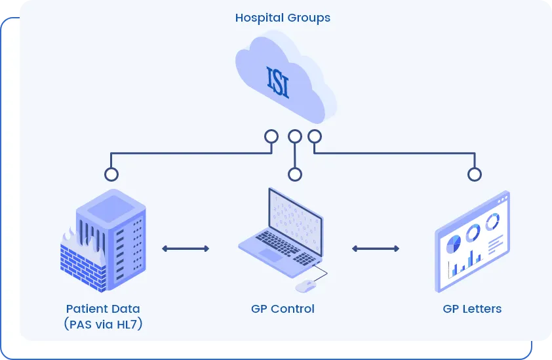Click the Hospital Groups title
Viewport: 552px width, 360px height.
coord(283,18)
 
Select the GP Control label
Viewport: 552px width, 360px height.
coord(283,309)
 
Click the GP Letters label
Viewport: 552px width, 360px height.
coord(472,309)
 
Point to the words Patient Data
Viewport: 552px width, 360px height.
coord(103,309)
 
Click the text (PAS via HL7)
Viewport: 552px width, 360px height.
coord(103,324)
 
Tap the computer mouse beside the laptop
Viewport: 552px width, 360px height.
coord(306,286)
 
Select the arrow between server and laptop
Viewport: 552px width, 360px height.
coord(186,249)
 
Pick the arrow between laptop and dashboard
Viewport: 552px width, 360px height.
coord(376,249)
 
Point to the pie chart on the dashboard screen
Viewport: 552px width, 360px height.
coord(453,245)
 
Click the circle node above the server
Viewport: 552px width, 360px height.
coord(111,174)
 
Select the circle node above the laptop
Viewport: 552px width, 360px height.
coord(295,174)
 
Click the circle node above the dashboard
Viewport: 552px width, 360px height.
coord(474,174)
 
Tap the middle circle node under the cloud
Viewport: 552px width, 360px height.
coord(295,136)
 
